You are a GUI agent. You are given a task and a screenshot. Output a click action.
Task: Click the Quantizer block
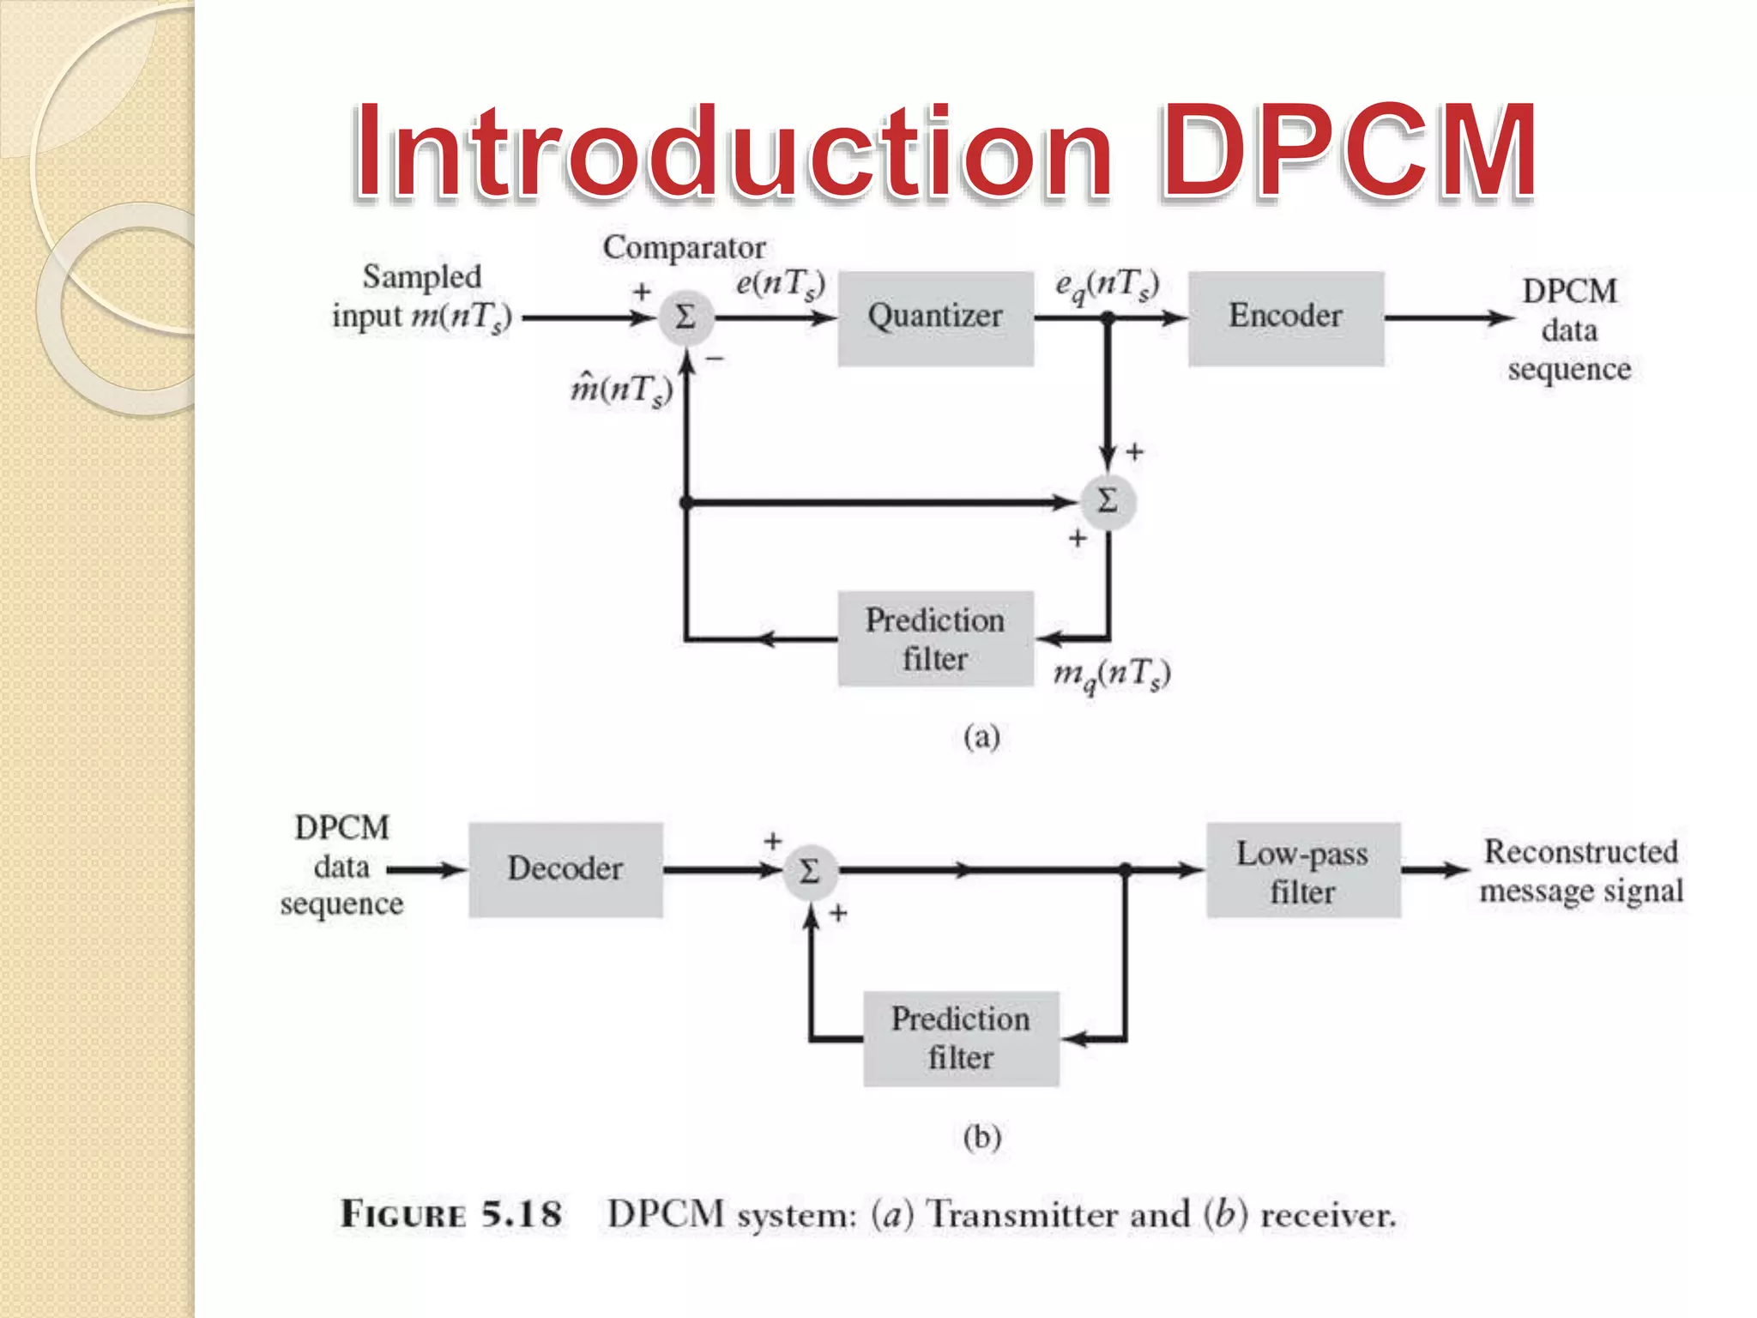[935, 318]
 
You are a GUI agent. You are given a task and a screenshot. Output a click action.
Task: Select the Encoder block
[1285, 318]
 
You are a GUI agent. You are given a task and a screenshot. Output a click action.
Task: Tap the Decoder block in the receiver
[565, 869]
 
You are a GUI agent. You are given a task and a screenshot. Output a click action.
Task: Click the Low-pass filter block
[1303, 871]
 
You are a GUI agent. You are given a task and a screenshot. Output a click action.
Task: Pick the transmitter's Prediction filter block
[935, 638]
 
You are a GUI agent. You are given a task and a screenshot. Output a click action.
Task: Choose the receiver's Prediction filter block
[961, 1038]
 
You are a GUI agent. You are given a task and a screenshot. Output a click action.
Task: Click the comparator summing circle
[685, 318]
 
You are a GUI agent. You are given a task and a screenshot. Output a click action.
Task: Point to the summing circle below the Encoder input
[1108, 501]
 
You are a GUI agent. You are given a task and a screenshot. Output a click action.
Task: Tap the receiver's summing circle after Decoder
[809, 872]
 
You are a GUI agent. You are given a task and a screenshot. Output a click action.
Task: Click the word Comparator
[684, 248]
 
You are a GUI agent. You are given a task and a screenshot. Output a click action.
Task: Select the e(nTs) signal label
[780, 283]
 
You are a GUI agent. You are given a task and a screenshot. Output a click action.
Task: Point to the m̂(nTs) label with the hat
[621, 390]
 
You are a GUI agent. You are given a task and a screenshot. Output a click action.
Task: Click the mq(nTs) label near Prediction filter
[1112, 674]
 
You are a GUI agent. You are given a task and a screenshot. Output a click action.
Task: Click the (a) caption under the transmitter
[981, 737]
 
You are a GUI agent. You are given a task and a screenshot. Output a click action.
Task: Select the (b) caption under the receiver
[981, 1137]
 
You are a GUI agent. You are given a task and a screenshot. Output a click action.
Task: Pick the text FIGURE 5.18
[451, 1214]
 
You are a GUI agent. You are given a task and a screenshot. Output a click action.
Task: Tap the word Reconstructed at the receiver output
[1581, 852]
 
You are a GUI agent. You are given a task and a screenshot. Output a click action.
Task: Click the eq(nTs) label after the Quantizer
[1107, 285]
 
